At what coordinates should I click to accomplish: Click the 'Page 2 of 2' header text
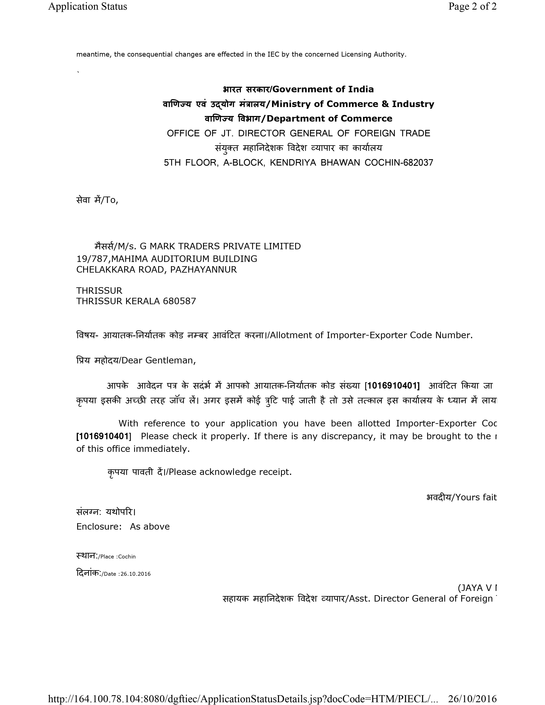point(472,6)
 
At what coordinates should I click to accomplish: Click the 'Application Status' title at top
point(87,6)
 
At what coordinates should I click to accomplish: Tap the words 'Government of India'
point(323,89)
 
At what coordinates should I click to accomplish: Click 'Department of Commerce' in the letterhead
point(329,119)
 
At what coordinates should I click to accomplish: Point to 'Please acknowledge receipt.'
point(230,472)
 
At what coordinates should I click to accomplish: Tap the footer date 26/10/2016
point(472,699)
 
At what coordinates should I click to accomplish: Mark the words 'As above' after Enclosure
point(150,526)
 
